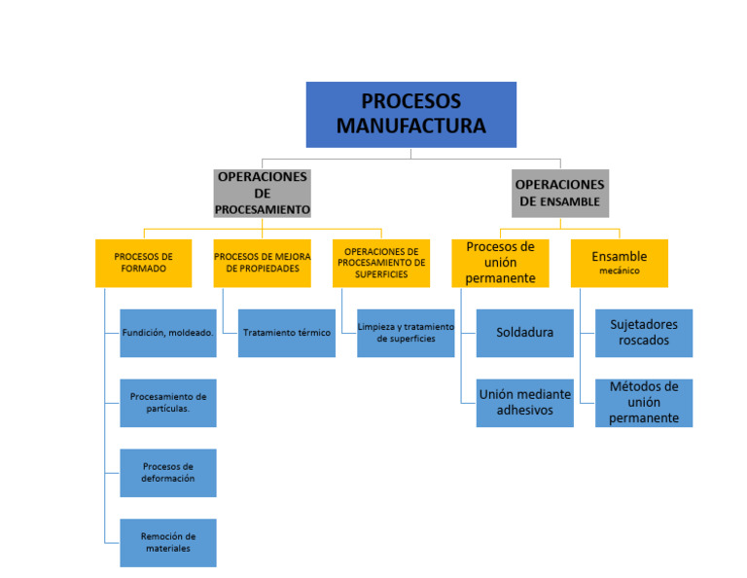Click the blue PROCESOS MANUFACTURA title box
[x=410, y=114]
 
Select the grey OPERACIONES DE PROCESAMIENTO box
[x=263, y=194]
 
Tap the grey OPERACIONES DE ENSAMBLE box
[x=559, y=194]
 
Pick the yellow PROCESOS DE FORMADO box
[x=143, y=263]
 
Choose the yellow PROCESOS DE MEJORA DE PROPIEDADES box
[x=262, y=263]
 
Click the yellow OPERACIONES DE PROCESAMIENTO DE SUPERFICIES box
[x=380, y=263]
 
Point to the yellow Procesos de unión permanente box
[x=500, y=263]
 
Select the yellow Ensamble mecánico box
[x=619, y=263]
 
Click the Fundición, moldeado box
[x=167, y=333]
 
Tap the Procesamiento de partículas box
[x=167, y=403]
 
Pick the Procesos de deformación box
[x=167, y=473]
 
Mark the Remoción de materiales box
[x=167, y=542]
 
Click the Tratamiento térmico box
[x=286, y=333]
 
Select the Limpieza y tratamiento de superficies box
[x=406, y=333]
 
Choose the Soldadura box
[x=524, y=333]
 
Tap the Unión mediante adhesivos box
[x=524, y=403]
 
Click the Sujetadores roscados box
[x=643, y=333]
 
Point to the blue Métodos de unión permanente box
[x=643, y=403]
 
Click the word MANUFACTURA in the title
[x=410, y=126]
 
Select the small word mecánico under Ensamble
[x=619, y=271]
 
